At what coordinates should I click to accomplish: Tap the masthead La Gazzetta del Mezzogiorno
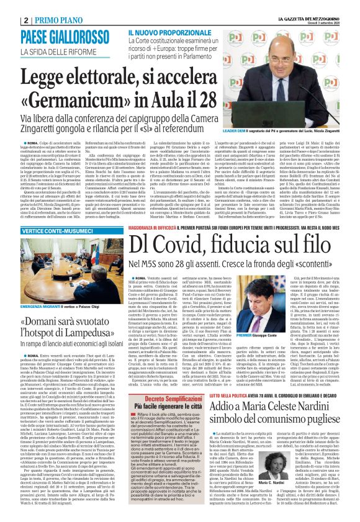pos(306,6)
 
